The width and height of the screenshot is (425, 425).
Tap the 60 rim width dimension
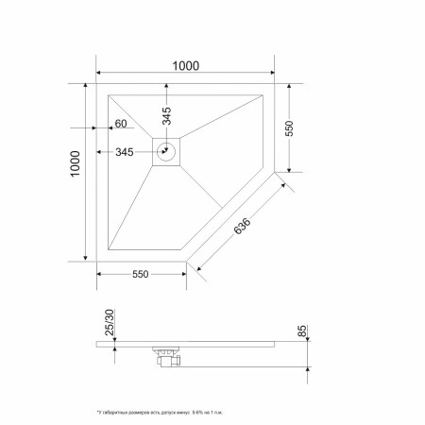120,124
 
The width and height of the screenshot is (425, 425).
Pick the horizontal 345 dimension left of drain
124,151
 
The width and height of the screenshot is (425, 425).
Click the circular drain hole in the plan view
167,149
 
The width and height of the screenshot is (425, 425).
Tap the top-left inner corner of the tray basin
110,93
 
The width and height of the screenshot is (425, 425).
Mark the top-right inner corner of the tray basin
263,93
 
